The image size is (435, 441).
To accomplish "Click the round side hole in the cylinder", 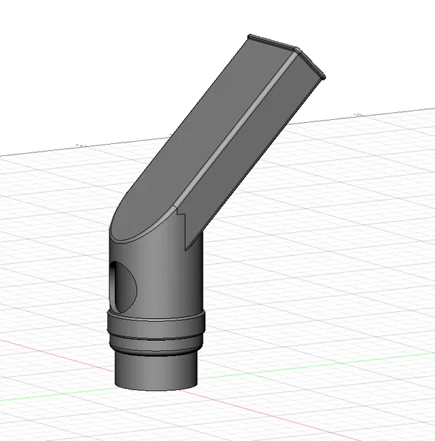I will pos(125,286).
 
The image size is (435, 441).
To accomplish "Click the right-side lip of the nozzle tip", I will pos(311,63).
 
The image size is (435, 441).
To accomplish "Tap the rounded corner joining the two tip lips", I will pos(297,49).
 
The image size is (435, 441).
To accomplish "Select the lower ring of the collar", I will pos(157,346).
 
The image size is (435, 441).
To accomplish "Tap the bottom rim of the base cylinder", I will pos(157,389).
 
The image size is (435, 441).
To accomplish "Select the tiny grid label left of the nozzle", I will pos(81,145).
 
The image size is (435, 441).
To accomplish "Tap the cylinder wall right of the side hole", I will pos(169,282).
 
